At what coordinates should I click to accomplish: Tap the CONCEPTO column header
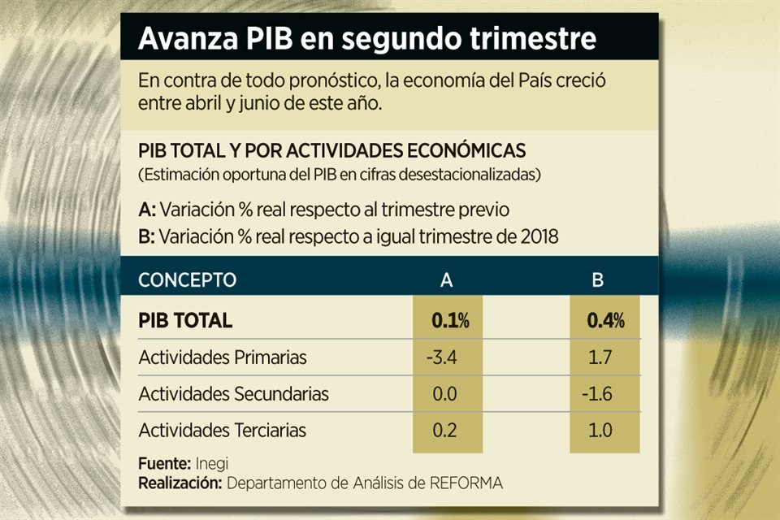click(x=187, y=280)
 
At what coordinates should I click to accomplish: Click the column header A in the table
click(x=446, y=280)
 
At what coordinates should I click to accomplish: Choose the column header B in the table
click(x=597, y=280)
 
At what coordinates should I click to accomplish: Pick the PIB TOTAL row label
click(x=185, y=320)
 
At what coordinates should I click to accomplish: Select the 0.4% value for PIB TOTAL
click(x=605, y=320)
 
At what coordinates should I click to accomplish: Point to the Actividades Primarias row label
click(x=223, y=357)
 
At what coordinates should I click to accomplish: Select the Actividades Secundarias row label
click(x=233, y=394)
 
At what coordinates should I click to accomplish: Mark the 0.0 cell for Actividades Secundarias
click(x=445, y=394)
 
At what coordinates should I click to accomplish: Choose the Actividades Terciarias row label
click(x=222, y=430)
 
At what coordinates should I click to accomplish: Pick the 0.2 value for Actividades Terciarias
click(x=445, y=430)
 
